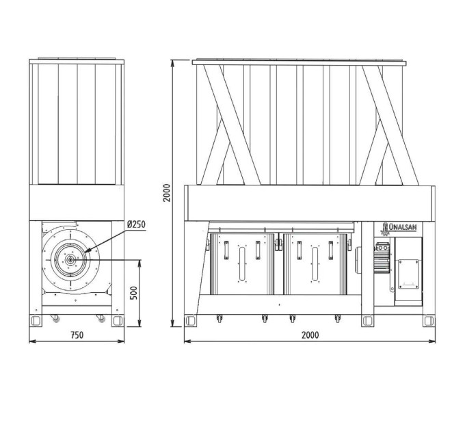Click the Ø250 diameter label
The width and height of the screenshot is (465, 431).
point(136,224)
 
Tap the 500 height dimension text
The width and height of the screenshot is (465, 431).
point(134,293)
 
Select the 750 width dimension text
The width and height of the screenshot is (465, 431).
point(77,335)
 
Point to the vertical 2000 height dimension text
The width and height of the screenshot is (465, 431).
point(167,193)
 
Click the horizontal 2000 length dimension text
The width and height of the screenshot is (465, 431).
point(310,335)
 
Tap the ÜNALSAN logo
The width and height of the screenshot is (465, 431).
point(399,228)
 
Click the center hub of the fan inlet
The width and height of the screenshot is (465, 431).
point(70,260)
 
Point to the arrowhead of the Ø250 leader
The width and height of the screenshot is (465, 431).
point(86,251)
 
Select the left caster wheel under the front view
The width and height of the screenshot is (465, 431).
point(55,318)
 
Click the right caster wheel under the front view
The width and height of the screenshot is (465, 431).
point(101,318)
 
